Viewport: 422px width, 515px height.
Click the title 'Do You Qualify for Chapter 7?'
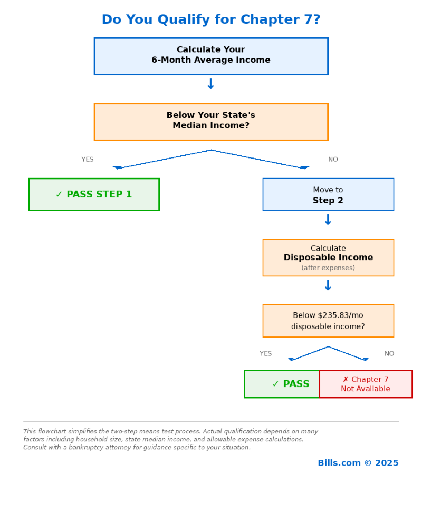pyautogui.click(x=211, y=20)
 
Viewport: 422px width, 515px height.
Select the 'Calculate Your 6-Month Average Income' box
pyautogui.click(x=211, y=56)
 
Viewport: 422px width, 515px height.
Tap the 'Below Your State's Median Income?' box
pyautogui.click(x=211, y=121)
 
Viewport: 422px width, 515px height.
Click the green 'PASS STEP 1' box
pyautogui.click(x=94, y=194)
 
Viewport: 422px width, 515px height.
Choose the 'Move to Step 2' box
pyautogui.click(x=328, y=194)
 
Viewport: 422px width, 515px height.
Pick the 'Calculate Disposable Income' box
pyautogui.click(x=328, y=257)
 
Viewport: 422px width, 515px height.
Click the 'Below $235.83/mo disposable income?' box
pyautogui.click(x=328, y=321)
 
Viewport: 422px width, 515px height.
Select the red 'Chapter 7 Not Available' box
pyautogui.click(x=366, y=384)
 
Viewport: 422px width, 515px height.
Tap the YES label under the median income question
pyautogui.click(x=88, y=160)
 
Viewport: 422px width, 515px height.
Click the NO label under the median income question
pyautogui.click(x=333, y=160)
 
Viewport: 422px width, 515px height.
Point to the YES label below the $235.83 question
pyautogui.click(x=266, y=354)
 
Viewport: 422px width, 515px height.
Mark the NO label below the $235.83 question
pyautogui.click(x=389, y=354)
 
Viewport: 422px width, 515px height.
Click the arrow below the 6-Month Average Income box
pyautogui.click(x=210, y=84)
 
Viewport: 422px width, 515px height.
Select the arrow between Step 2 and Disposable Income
pyautogui.click(x=328, y=220)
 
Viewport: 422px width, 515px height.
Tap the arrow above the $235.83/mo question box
pyautogui.click(x=328, y=285)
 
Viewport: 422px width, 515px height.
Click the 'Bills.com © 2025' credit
pyautogui.click(x=358, y=463)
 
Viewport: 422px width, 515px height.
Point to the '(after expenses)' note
pyautogui.click(x=328, y=268)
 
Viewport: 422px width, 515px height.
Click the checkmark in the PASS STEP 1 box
pyautogui.click(x=59, y=194)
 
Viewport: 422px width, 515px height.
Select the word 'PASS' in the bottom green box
pyautogui.click(x=296, y=384)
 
